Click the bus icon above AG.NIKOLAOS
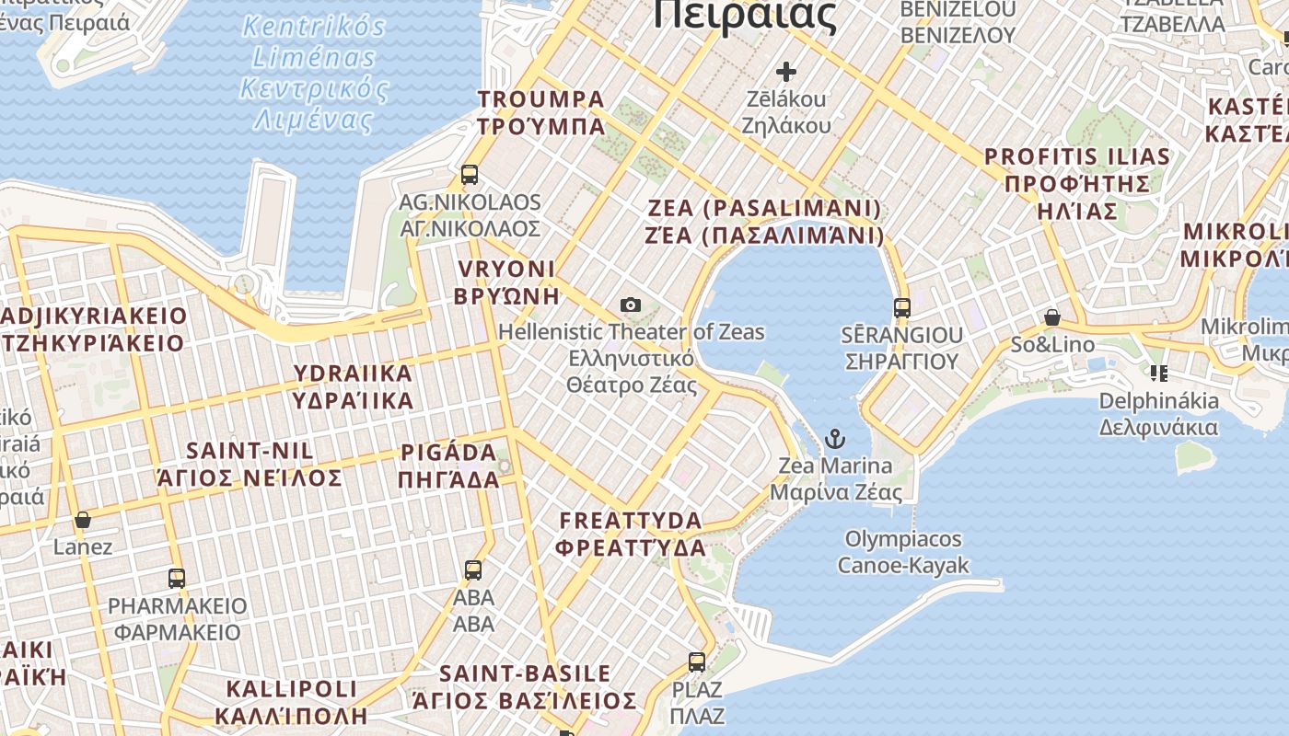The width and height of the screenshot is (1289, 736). point(470,174)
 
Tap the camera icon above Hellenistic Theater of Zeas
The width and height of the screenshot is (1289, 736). point(631,305)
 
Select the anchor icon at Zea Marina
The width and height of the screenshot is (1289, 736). point(835,438)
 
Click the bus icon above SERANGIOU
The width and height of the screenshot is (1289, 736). point(902,308)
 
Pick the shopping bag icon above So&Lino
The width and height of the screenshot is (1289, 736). point(1052,318)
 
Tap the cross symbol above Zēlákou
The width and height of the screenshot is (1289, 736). point(786,71)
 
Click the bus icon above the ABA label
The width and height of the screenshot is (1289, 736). point(473,570)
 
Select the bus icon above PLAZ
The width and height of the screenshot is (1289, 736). point(697,662)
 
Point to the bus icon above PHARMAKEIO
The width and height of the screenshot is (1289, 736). point(177,579)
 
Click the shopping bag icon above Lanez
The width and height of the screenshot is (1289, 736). point(83,520)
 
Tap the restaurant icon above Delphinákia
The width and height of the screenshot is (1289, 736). point(1158,373)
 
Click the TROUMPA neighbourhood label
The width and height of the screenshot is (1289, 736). point(541,112)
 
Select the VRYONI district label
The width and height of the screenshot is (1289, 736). point(505,282)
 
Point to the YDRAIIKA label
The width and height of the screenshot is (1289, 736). point(353,386)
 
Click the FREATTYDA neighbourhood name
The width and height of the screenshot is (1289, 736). point(632,534)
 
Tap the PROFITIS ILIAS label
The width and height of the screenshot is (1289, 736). point(1077,183)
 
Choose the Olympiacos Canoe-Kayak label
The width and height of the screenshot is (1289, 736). point(903,552)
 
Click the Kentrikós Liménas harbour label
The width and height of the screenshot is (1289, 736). point(314,72)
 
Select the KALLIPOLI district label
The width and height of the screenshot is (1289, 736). point(291,702)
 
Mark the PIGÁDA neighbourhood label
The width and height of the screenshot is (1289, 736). point(448,466)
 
